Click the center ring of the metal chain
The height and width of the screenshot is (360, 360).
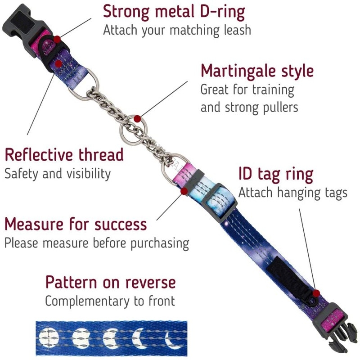tap(137, 121)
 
